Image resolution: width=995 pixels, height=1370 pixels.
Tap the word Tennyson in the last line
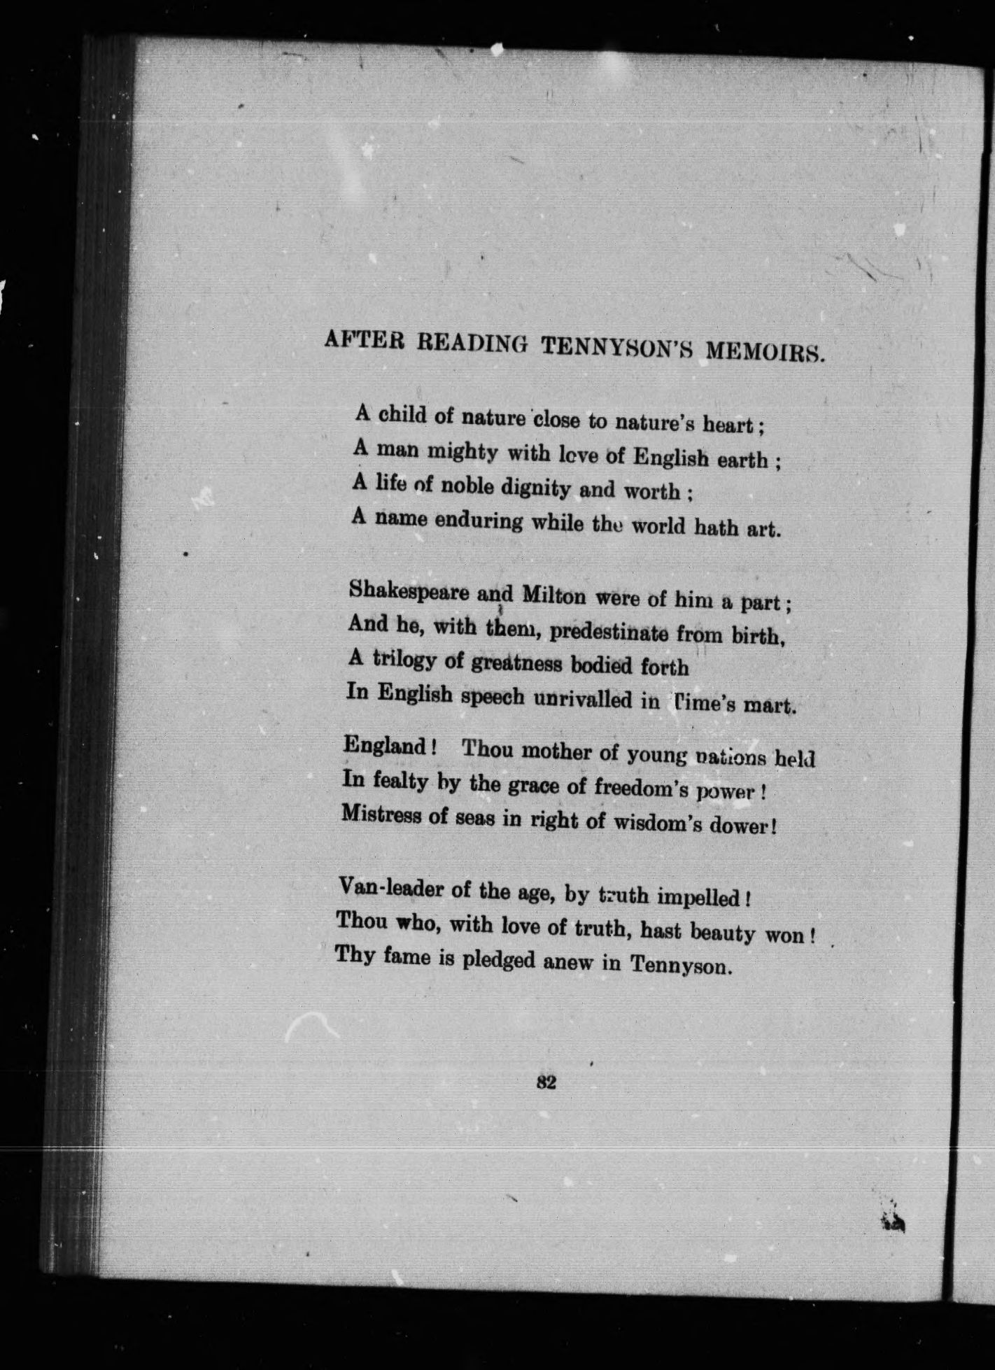(x=680, y=966)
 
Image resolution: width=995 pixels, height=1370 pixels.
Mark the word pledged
(x=498, y=961)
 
